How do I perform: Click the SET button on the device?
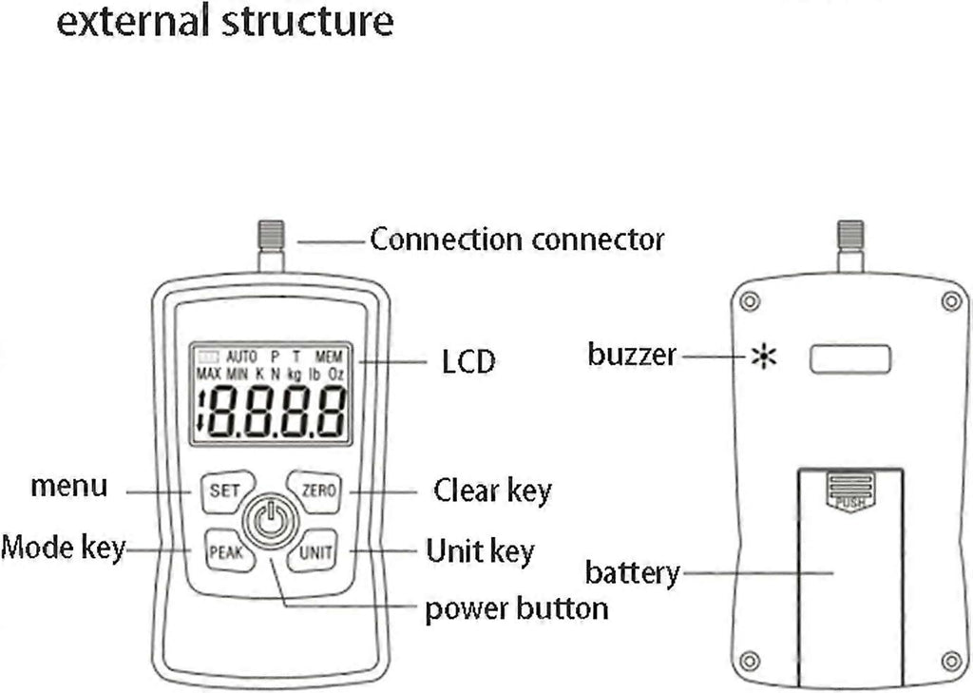(x=225, y=491)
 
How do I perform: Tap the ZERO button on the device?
(x=317, y=491)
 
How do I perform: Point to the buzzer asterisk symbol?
(x=763, y=357)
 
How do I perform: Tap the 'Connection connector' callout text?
(x=516, y=238)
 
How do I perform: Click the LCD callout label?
(x=468, y=361)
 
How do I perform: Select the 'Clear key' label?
(x=492, y=491)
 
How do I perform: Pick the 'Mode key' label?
(x=63, y=549)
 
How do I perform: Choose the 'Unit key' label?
(x=480, y=551)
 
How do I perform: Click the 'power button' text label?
(x=516, y=608)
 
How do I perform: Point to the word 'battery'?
(x=632, y=573)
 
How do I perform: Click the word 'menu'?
(x=69, y=487)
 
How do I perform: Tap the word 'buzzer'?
(x=632, y=356)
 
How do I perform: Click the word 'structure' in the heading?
(x=307, y=21)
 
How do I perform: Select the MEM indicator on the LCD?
(x=329, y=356)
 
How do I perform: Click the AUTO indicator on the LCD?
(x=241, y=356)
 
